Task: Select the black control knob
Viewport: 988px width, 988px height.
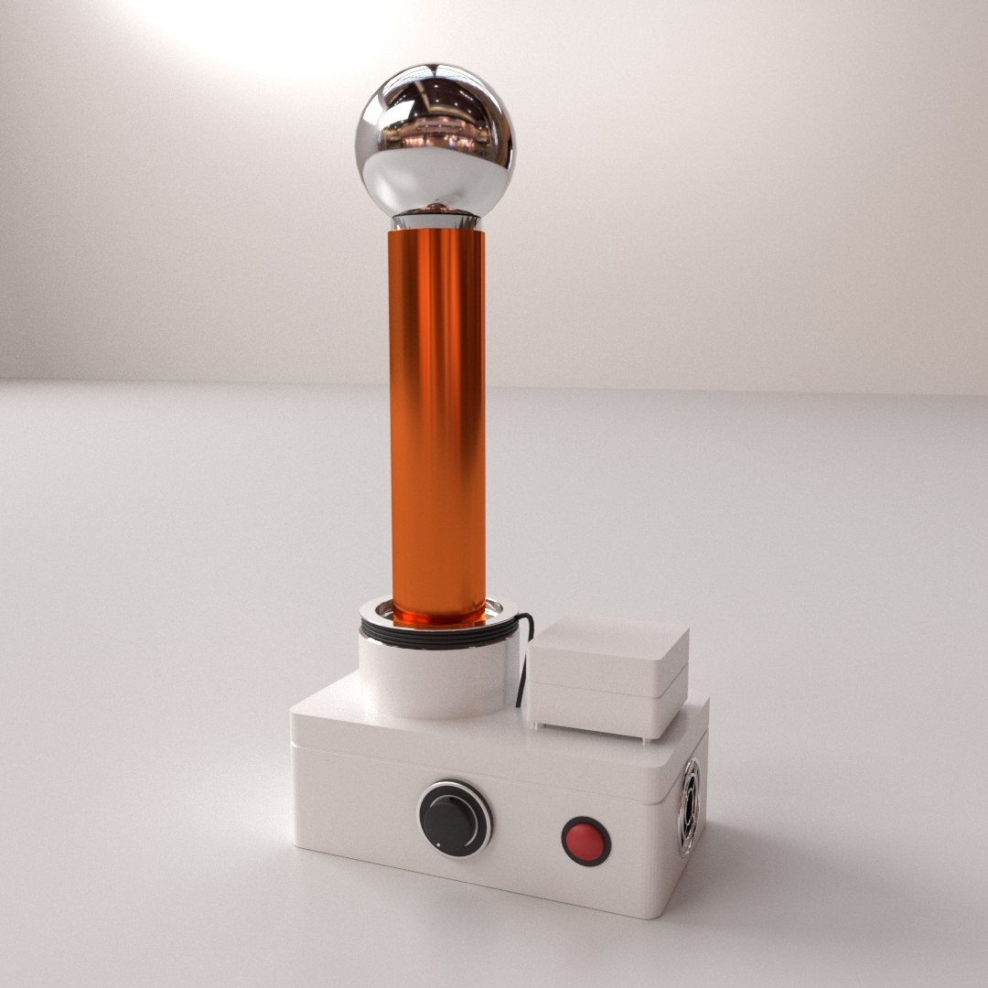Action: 454,818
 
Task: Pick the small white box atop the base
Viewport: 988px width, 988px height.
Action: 607,671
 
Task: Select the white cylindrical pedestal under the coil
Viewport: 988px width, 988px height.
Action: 430,677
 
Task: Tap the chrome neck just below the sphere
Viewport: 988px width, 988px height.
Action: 435,220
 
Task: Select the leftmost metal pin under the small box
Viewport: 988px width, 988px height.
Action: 539,725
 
